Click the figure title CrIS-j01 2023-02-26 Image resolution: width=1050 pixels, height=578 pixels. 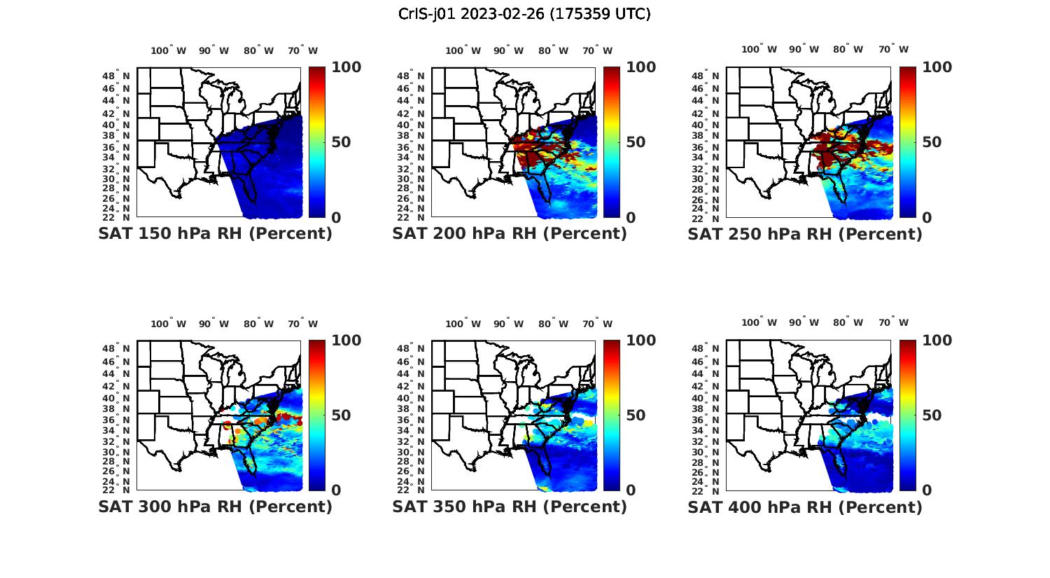point(524,14)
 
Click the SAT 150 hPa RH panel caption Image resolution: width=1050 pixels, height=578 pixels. point(215,234)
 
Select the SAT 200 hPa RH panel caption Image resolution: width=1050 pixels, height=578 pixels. point(510,234)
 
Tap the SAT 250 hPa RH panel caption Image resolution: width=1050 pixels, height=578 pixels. point(805,234)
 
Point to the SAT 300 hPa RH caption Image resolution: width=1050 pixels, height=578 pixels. point(215,507)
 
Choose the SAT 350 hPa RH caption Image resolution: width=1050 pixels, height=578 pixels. point(510,507)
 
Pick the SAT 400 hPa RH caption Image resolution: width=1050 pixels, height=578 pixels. point(805,507)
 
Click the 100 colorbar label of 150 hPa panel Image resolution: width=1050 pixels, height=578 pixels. point(346,67)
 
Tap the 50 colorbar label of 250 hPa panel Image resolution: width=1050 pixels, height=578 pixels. point(932,142)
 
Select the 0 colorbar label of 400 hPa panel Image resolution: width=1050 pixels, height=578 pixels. point(927,490)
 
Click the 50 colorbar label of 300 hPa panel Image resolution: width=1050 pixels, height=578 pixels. point(341,415)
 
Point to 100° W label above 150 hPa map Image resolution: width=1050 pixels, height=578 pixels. point(168,50)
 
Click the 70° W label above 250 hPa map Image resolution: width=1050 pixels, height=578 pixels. point(894,49)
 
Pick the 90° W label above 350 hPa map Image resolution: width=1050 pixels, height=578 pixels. point(508,324)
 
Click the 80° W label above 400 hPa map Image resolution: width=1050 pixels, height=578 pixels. point(848,322)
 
